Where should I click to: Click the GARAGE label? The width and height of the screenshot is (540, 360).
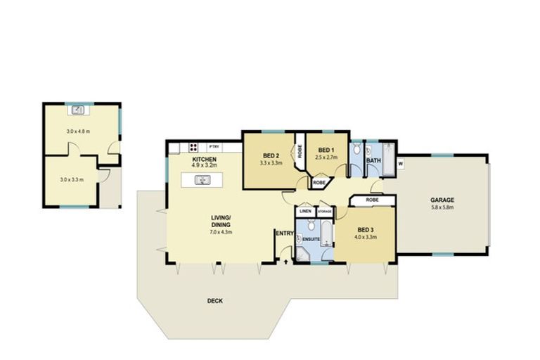(x=442, y=200)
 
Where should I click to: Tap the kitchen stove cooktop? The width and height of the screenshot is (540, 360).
(x=193, y=148)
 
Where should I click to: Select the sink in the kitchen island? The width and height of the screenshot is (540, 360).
(x=202, y=181)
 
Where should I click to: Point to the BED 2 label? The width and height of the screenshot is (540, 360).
(x=271, y=155)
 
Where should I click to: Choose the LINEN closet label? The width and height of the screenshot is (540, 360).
(x=305, y=211)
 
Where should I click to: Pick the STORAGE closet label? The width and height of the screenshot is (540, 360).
(x=324, y=211)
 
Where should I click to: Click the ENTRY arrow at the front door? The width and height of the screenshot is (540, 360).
(x=285, y=261)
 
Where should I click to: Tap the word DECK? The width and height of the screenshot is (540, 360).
(x=214, y=301)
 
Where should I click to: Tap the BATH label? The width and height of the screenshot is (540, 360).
(x=373, y=160)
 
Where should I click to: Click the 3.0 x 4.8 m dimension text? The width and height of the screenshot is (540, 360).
(x=78, y=131)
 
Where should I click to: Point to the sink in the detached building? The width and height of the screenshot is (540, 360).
(x=79, y=110)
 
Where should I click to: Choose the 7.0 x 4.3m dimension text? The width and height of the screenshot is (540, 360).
(x=220, y=232)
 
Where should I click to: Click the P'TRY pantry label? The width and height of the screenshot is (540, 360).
(x=214, y=146)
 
